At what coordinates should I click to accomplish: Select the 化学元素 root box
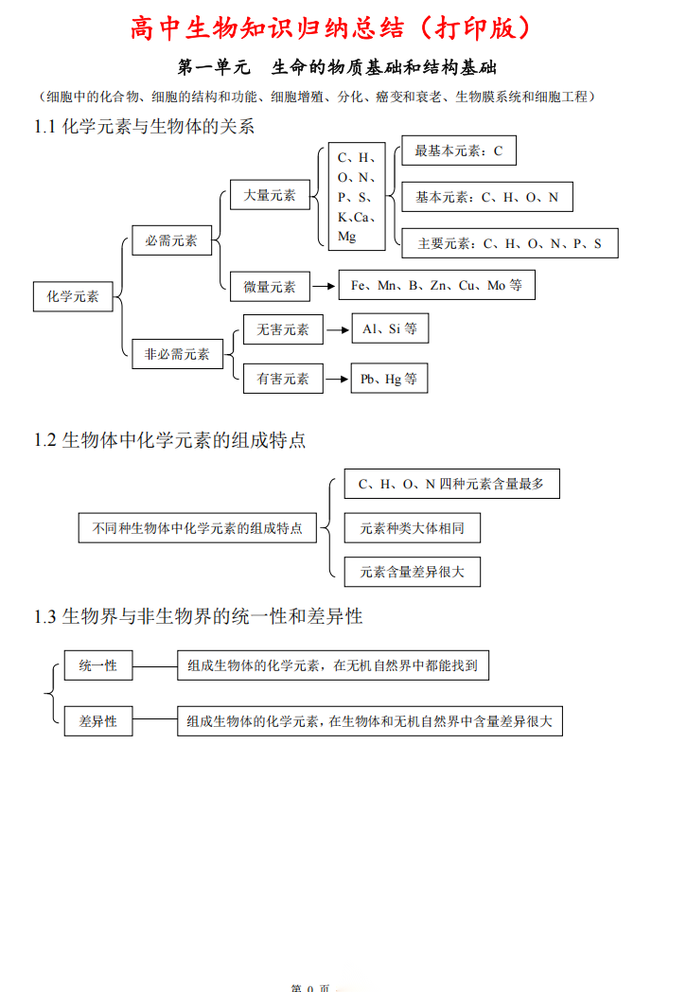pos(73,296)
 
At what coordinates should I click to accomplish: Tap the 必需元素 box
pos(171,240)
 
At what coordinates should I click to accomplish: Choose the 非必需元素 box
pos(177,354)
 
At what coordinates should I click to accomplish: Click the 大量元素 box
pos(270,195)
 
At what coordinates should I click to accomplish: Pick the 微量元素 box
pos(270,286)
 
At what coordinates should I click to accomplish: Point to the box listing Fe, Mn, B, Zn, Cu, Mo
pos(436,285)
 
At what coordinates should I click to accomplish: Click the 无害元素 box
pos(283,329)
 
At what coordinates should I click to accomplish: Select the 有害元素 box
pos(283,379)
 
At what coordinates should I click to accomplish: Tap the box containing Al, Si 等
pos(389,329)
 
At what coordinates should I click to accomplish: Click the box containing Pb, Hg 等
pos(388,379)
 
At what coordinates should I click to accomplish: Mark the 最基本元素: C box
pos(459,151)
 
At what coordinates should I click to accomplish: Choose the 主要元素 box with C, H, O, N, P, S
pos(509,243)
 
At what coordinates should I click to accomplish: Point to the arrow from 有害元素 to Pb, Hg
pos(336,379)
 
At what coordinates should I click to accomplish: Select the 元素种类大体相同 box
pos(412,528)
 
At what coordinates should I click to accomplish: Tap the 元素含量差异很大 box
pos(412,572)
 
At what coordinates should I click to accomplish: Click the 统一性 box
pos(98,665)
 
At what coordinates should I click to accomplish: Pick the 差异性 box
pos(98,721)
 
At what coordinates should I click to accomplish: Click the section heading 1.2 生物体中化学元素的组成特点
pos(170,440)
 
